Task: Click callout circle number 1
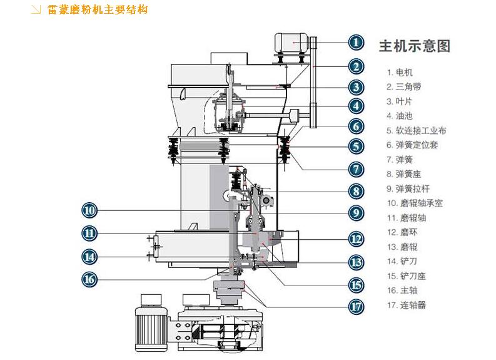(356, 43)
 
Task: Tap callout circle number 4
(356, 106)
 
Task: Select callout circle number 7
(356, 168)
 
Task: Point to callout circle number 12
(356, 239)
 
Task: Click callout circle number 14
(89, 256)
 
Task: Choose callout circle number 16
(89, 279)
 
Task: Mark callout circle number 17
(356, 306)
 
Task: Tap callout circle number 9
(356, 212)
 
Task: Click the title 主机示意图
(414, 46)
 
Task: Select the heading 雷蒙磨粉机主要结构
(98, 10)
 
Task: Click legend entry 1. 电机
(400, 73)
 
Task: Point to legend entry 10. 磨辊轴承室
(415, 203)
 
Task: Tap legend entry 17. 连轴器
(407, 305)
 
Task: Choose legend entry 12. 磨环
(402, 232)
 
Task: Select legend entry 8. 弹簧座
(404, 174)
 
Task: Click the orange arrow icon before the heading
(37, 10)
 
